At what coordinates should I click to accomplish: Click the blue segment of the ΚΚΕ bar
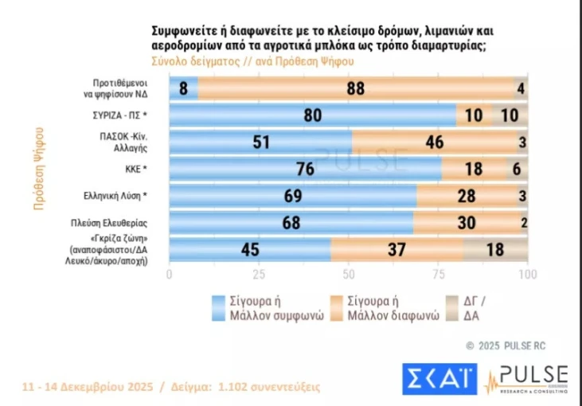tap(306, 169)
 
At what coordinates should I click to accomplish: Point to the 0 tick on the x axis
tap(170, 274)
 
